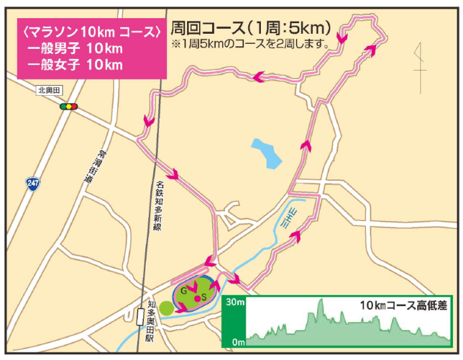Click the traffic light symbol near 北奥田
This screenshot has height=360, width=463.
tap(69, 106)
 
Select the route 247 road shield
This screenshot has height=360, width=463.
tap(33, 183)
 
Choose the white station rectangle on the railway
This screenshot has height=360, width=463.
tap(140, 317)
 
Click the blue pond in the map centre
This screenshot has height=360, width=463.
tap(267, 153)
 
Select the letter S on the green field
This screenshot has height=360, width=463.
tap(204, 297)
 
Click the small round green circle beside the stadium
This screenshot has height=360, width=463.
tap(165, 308)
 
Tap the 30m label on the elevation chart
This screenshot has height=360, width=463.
tap(235, 302)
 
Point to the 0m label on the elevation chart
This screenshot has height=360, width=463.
tap(237, 342)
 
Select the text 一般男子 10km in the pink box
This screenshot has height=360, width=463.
tap(74, 48)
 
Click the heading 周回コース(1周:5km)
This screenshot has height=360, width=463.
tap(250, 28)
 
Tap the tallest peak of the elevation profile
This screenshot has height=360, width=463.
tap(321, 301)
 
